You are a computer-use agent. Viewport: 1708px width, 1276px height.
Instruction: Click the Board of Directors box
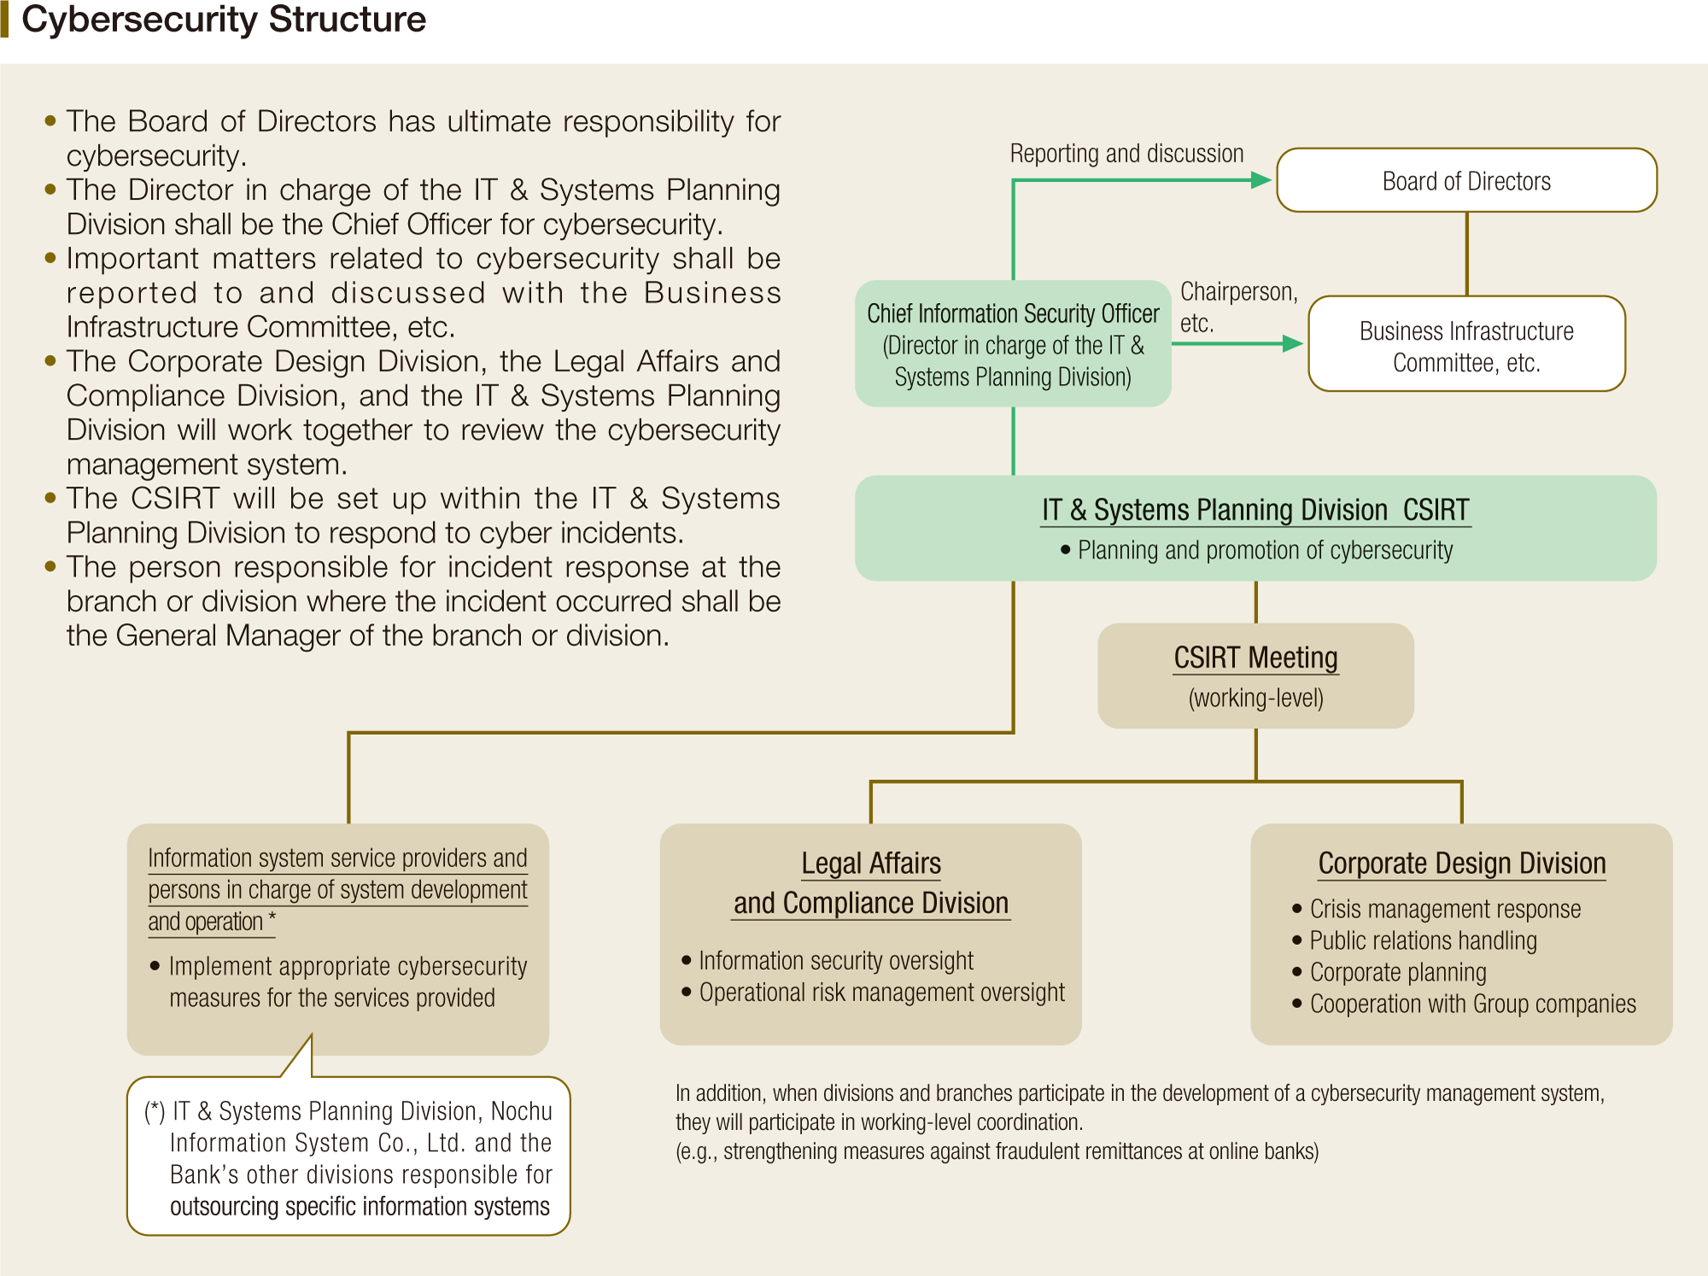coord(1466,181)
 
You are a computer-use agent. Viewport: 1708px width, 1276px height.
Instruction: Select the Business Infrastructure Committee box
coord(1466,345)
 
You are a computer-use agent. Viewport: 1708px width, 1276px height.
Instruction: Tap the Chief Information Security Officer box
coord(1013,345)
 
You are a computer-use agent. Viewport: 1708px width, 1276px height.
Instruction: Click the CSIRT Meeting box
coord(1255,675)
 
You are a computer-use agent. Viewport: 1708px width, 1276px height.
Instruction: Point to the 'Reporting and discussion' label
coord(1126,154)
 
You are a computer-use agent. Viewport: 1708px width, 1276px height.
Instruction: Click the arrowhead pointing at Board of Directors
coord(1261,180)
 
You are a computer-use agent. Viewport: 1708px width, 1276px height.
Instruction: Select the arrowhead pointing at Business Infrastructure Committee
coord(1292,344)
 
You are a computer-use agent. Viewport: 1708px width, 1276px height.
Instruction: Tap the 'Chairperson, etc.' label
coord(1237,306)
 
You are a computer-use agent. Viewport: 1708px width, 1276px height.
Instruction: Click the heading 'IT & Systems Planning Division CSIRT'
coord(1255,510)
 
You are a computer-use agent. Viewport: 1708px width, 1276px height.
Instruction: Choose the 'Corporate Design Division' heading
coord(1462,864)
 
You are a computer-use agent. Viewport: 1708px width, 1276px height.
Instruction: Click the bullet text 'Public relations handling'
coord(1423,941)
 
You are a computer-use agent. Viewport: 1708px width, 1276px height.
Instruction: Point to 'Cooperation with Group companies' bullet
coord(1472,1004)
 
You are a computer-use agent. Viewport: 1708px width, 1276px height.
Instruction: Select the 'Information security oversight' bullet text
coord(836,961)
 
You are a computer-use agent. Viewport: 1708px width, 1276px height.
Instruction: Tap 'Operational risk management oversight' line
coord(881,993)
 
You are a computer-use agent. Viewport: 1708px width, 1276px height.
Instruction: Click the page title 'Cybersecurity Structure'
coord(224,20)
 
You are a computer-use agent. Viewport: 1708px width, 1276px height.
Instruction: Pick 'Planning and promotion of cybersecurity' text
coord(1265,551)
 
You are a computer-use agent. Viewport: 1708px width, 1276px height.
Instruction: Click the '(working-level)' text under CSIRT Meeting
coord(1255,698)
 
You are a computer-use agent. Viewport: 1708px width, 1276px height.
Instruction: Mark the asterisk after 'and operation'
coord(272,918)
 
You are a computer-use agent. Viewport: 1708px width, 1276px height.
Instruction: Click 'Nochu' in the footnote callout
coord(521,1111)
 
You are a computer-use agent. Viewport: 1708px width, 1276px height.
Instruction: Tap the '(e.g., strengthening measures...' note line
coord(997,1151)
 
